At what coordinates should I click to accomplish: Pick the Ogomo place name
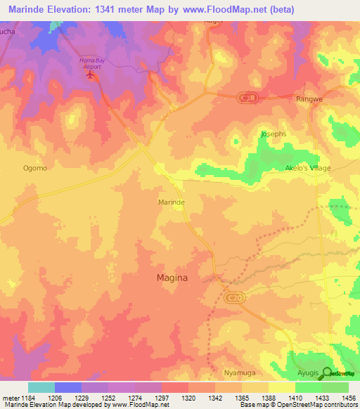coord(35,168)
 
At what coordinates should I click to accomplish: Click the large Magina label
coord(171,278)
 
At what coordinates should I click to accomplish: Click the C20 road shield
coord(236,299)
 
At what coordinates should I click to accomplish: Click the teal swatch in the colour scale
coord(41,387)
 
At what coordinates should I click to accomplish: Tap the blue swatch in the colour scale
coord(68,387)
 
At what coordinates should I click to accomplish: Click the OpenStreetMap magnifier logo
coord(325,372)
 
